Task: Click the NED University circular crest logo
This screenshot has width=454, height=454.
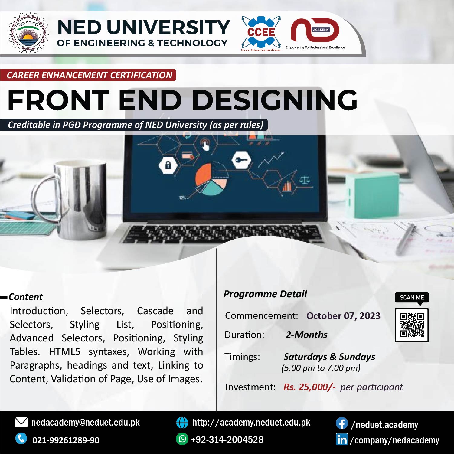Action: [28, 33]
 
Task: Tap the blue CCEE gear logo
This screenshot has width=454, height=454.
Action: [261, 33]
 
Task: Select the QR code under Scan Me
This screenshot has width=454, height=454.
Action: [412, 325]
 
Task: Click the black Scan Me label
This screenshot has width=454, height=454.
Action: [412, 298]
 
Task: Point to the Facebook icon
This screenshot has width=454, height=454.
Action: [342, 423]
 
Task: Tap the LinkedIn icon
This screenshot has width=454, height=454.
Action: [342, 439]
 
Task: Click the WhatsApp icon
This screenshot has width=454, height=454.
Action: [182, 439]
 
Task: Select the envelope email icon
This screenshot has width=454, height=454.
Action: [21, 423]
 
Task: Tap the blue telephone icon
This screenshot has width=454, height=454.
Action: [21, 439]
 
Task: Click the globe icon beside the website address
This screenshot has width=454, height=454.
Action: [182, 423]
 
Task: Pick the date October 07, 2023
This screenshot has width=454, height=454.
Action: [343, 316]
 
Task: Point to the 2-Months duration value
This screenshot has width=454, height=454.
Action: [306, 335]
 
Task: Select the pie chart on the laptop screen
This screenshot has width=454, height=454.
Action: [211, 179]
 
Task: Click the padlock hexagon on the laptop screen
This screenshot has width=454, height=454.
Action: [168, 165]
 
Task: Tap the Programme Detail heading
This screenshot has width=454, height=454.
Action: [265, 294]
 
